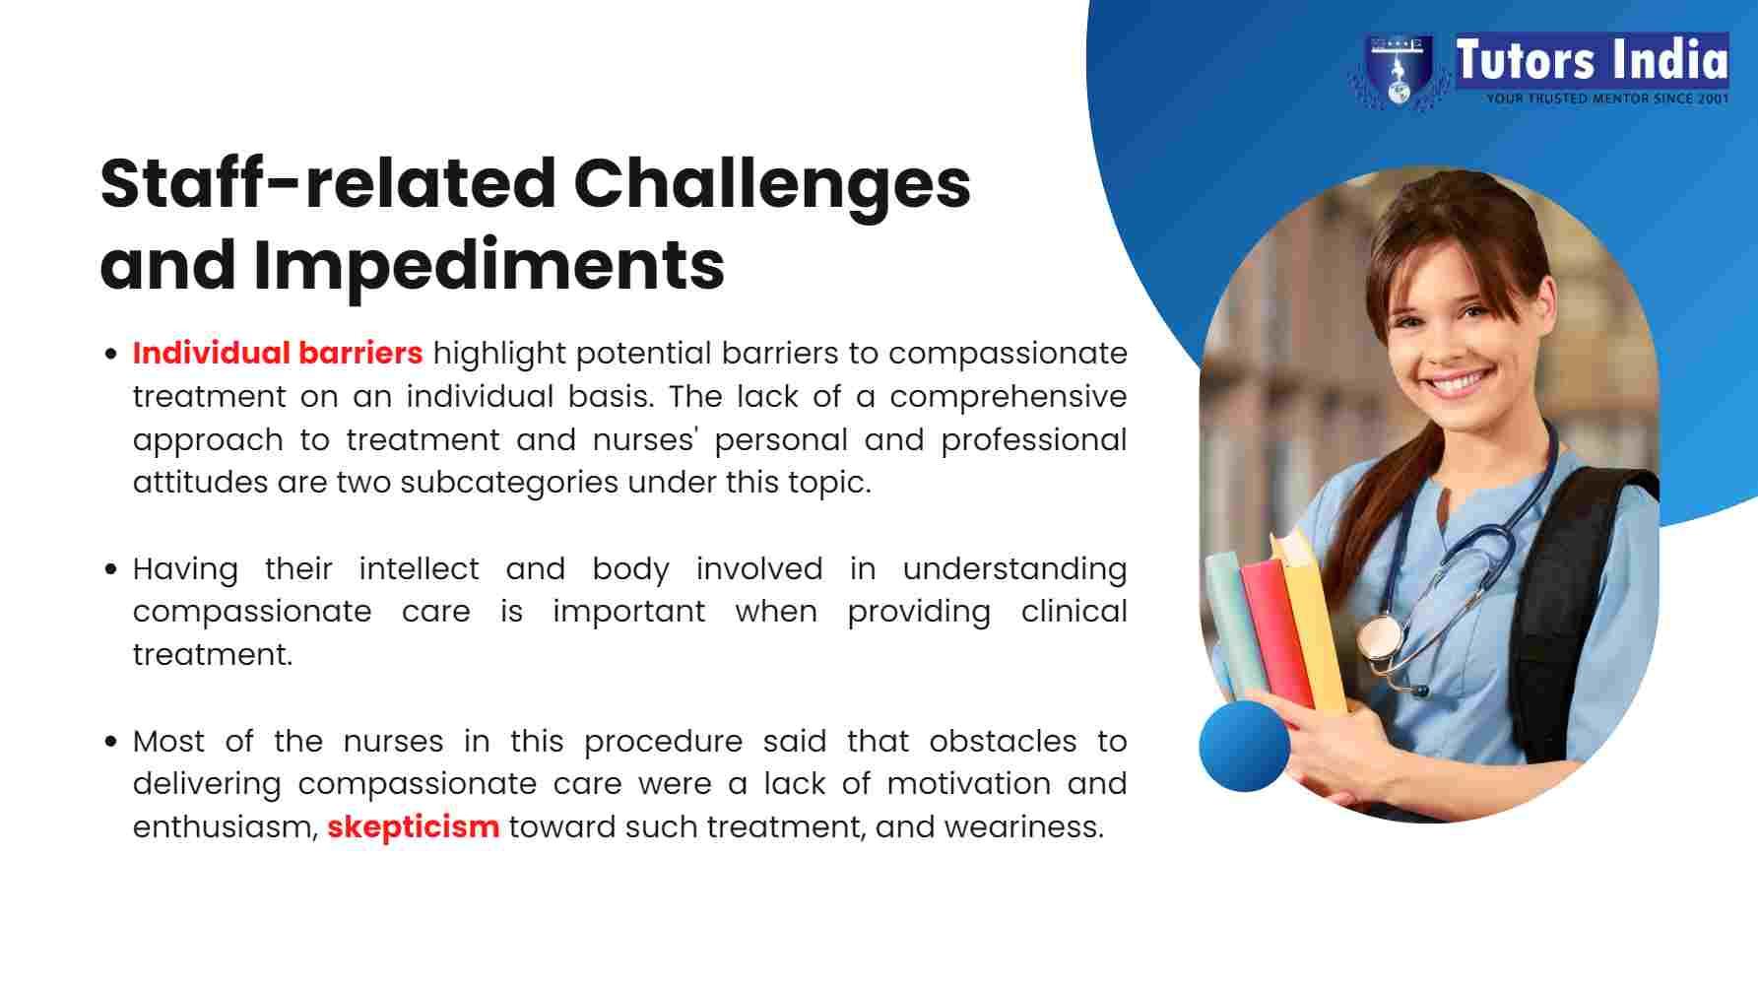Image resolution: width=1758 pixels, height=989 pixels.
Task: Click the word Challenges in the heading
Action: [771, 185]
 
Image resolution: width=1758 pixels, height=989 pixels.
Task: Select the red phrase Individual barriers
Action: [278, 353]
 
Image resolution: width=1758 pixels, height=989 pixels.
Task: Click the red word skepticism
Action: [413, 826]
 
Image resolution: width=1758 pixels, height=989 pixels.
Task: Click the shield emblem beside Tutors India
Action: [1398, 71]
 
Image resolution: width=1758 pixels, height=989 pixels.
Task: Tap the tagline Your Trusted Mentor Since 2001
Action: [1607, 99]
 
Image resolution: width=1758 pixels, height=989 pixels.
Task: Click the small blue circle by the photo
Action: [1245, 747]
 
